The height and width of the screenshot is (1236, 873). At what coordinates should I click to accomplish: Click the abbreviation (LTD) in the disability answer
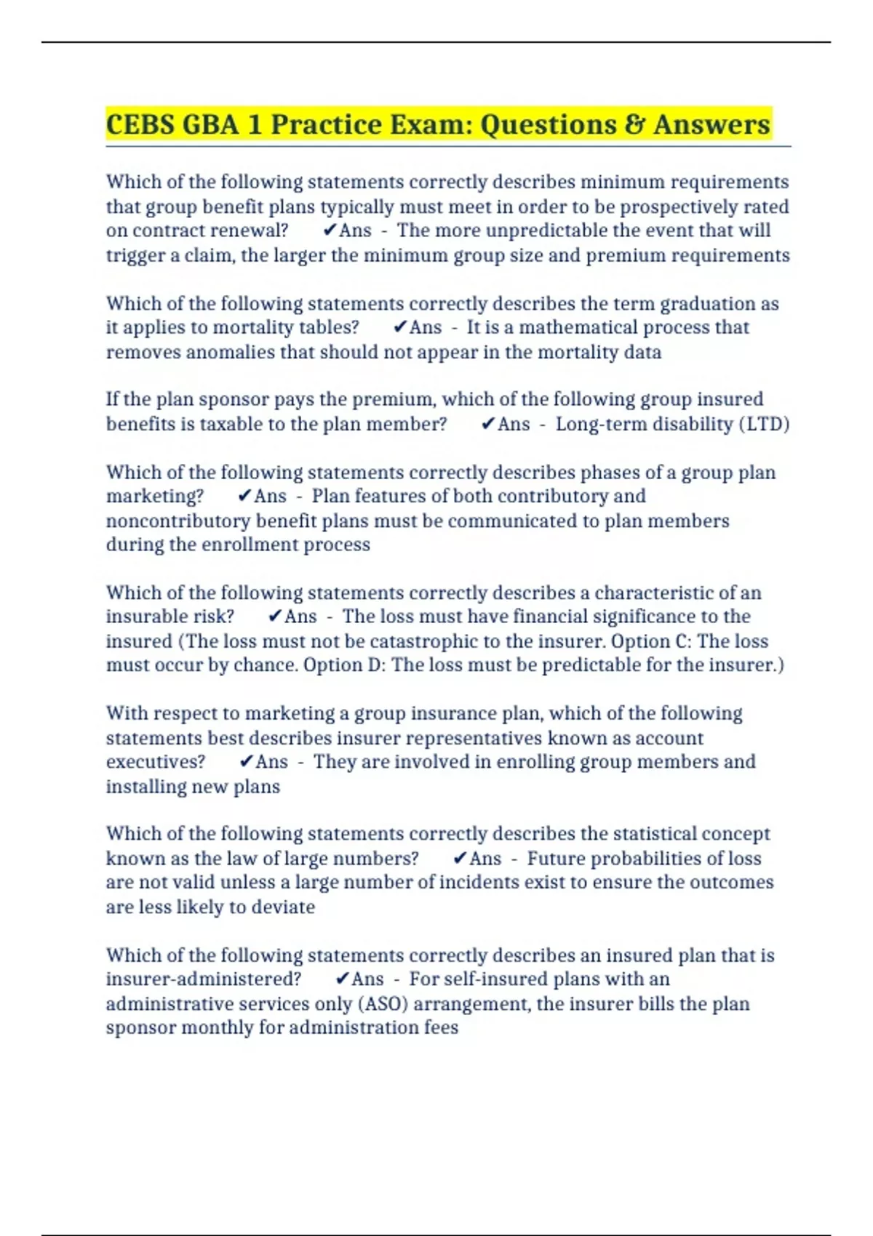[x=764, y=424]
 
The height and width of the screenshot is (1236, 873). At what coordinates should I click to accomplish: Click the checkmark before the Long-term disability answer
[x=489, y=424]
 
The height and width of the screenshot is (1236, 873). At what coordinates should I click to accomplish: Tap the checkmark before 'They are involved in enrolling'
[x=247, y=762]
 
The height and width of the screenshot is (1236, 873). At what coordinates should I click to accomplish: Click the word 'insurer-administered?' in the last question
[x=204, y=979]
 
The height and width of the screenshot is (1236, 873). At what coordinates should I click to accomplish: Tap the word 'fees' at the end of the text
[x=442, y=1028]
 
